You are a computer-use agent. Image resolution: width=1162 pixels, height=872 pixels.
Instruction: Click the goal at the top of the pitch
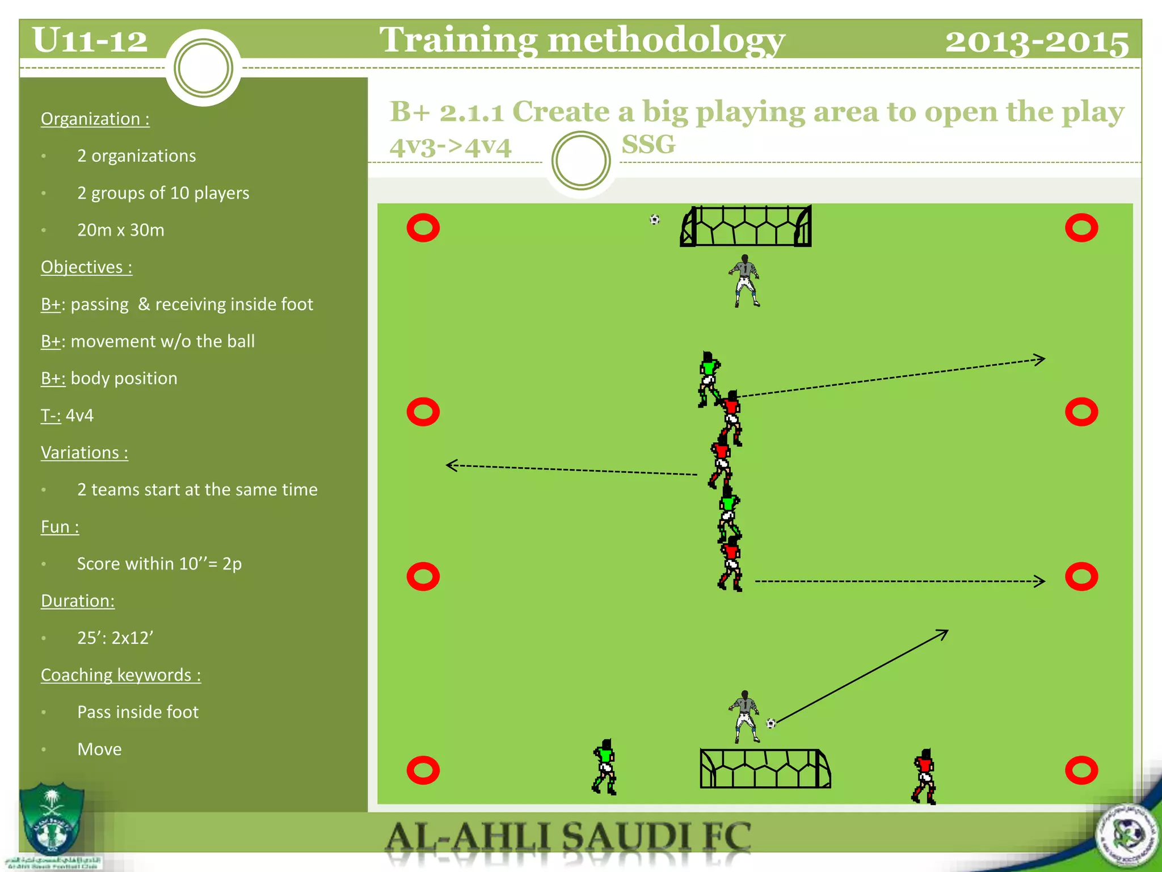(x=746, y=227)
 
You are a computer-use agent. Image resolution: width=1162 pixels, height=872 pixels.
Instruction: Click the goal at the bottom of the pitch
(x=765, y=769)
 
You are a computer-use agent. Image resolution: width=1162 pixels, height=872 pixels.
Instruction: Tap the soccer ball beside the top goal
(x=655, y=220)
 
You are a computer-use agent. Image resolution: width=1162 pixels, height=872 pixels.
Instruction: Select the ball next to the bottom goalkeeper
(x=771, y=723)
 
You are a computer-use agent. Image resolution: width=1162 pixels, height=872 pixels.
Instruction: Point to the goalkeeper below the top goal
(x=744, y=281)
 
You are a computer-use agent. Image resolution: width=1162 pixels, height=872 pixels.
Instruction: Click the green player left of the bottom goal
(x=605, y=767)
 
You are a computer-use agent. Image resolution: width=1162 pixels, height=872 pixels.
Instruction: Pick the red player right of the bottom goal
(x=924, y=776)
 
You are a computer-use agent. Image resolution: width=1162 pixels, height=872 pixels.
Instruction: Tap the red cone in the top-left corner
(x=423, y=228)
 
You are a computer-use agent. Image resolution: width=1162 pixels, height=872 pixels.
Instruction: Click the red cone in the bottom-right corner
(x=1081, y=770)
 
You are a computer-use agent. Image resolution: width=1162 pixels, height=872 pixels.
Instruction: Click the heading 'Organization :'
(x=95, y=119)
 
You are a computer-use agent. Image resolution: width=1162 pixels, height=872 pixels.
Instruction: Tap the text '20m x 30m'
(x=121, y=230)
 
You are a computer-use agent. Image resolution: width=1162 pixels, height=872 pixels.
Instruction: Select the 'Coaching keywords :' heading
(x=121, y=674)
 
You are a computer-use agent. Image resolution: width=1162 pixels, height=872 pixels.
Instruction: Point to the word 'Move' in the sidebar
(x=99, y=749)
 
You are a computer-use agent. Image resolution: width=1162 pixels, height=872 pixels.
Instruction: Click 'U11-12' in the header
(x=90, y=40)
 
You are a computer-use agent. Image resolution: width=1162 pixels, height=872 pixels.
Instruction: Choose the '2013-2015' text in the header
(x=1037, y=41)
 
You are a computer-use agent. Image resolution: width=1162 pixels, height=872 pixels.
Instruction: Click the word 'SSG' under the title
(x=649, y=144)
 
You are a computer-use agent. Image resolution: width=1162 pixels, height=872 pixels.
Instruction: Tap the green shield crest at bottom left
(x=52, y=817)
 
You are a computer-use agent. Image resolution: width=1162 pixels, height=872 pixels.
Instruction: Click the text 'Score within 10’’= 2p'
(x=159, y=564)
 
